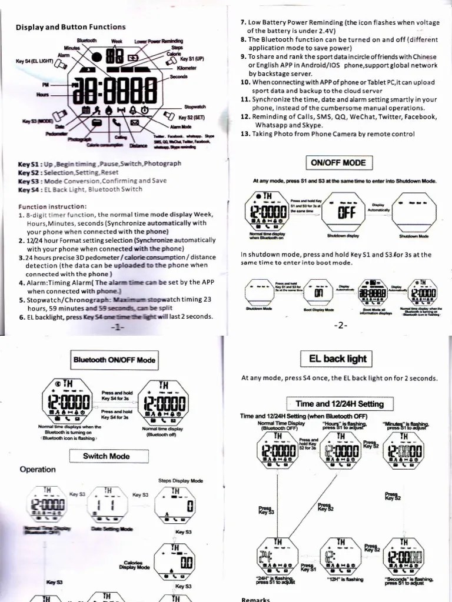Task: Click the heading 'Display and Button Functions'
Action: [70, 26]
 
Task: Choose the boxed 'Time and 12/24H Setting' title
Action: [340, 404]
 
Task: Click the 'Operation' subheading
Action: [37, 469]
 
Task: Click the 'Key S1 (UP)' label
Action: [192, 59]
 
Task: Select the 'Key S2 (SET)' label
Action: [191, 118]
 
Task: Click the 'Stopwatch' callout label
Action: [195, 107]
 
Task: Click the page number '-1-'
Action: [118, 327]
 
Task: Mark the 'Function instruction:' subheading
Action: [52, 207]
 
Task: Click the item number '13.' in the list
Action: [245, 133]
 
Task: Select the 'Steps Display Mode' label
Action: [181, 481]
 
